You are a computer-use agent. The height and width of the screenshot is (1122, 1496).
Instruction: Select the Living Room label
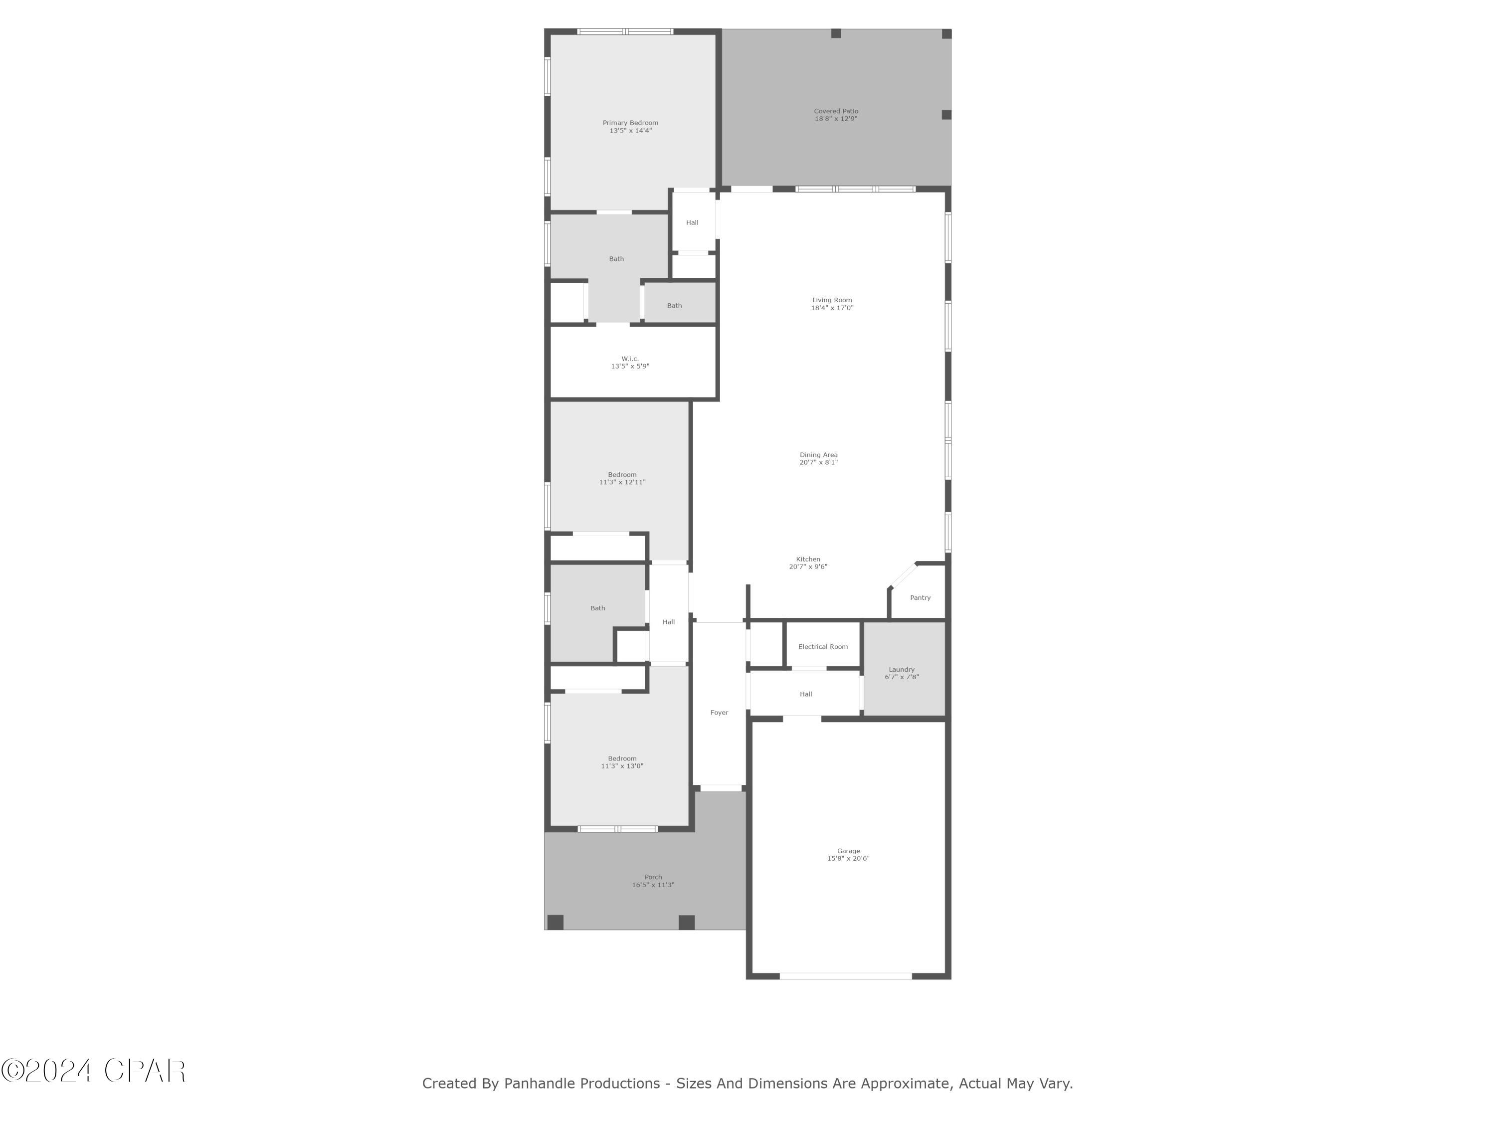click(832, 300)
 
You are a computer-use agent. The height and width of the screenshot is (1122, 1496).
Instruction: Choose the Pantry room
click(920, 598)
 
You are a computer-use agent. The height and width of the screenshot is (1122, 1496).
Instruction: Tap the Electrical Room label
click(822, 647)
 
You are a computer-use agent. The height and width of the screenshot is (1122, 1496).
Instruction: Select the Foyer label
click(719, 713)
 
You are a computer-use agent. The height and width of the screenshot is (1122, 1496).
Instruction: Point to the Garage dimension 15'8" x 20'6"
click(848, 859)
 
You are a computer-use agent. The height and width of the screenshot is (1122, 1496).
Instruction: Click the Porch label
click(653, 877)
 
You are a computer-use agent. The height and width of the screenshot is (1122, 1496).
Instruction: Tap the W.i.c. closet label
click(630, 359)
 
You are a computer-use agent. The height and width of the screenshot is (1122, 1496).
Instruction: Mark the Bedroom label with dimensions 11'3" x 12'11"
click(621, 475)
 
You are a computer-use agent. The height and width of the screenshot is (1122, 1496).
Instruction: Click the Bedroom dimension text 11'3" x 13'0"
click(621, 766)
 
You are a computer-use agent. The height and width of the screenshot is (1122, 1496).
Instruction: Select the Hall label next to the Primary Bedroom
click(692, 222)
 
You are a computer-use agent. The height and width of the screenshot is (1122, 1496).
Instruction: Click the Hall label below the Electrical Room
click(805, 694)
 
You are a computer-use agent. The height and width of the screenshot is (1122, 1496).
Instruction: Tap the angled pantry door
click(903, 575)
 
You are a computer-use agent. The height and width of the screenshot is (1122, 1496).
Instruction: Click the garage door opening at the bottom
click(845, 976)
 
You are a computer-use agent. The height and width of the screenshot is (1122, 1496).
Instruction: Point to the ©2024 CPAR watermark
click(93, 1071)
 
